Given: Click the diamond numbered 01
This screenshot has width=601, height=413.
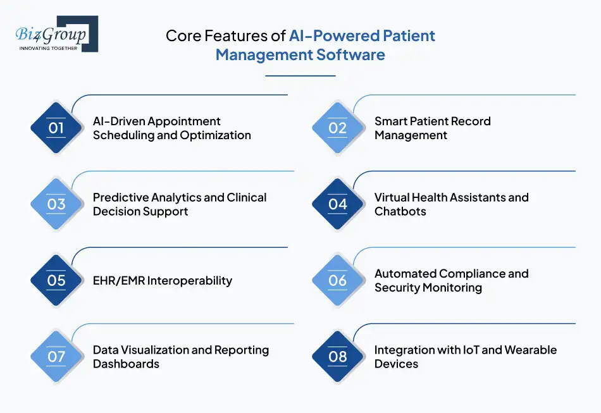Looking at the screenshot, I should click(x=56, y=128).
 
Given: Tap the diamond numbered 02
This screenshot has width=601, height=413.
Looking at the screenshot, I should click(x=337, y=128).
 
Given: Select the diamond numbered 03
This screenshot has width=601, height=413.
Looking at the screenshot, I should click(x=56, y=204).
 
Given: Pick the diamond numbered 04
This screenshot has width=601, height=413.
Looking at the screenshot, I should click(x=337, y=204).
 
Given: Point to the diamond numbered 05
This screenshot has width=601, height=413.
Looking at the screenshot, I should click(x=56, y=280).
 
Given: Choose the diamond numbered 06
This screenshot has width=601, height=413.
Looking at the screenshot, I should click(x=337, y=280).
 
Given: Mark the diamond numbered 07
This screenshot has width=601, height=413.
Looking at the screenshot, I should click(x=56, y=357).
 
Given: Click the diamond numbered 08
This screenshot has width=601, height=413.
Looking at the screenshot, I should click(x=337, y=357).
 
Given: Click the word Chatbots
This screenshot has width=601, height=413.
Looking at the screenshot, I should click(x=400, y=212).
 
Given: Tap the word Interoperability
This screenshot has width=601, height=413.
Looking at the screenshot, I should click(x=189, y=281).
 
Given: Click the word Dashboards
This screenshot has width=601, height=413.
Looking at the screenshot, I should click(x=126, y=364).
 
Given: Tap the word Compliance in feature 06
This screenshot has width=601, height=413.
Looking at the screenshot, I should click(x=472, y=273).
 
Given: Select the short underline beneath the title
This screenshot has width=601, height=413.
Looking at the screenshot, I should click(x=300, y=76).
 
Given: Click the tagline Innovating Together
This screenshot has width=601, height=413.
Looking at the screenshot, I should click(x=48, y=48).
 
